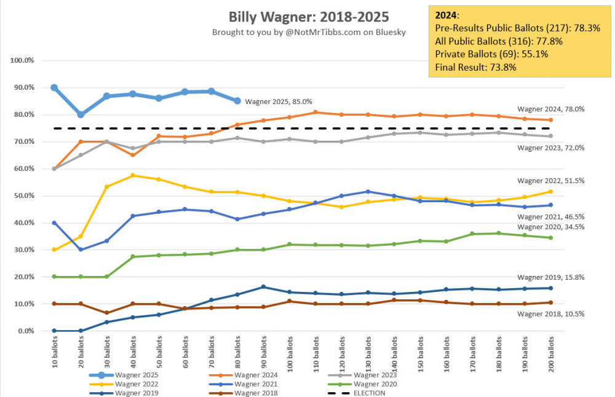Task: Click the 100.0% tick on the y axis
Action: (x=23, y=60)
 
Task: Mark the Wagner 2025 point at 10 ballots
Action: (x=54, y=87)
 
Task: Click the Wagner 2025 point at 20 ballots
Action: (x=81, y=114)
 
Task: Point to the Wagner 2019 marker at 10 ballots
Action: (x=54, y=331)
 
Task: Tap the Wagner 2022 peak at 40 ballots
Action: (x=133, y=175)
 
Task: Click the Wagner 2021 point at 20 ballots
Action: (x=81, y=250)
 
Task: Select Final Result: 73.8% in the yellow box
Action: (x=475, y=67)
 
